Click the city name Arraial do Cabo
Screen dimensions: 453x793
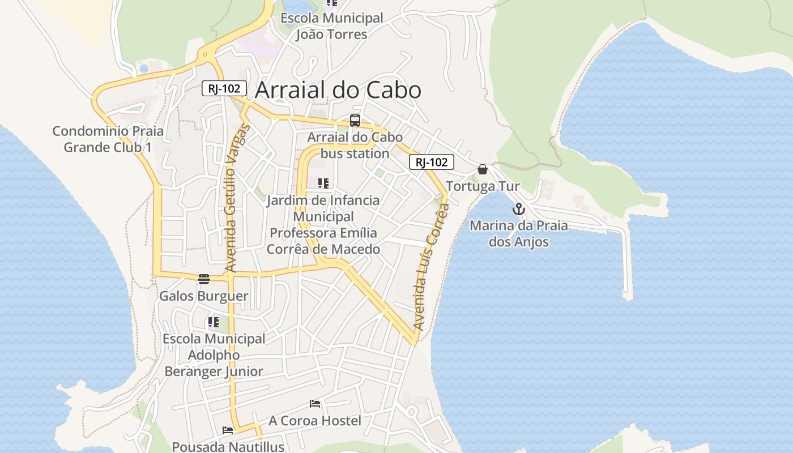[x=338, y=90]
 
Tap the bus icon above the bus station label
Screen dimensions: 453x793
[x=355, y=121]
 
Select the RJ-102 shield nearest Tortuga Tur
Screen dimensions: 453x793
[x=432, y=162]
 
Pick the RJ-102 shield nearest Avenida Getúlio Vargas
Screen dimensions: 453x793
[x=224, y=88]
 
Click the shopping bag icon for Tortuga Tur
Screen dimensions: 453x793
[x=483, y=169]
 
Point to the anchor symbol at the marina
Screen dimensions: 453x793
[x=518, y=210]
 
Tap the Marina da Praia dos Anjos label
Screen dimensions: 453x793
[x=518, y=234]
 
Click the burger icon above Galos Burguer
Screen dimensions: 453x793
[x=204, y=279]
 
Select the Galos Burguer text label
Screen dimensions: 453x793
[x=203, y=296]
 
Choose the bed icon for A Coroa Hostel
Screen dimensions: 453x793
[x=315, y=404]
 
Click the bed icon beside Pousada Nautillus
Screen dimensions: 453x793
[x=228, y=430]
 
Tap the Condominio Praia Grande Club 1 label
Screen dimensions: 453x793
[x=108, y=139]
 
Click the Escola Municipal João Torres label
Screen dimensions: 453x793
[x=332, y=26]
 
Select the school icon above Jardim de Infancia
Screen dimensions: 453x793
[x=323, y=183]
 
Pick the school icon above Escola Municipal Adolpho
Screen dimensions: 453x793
[x=214, y=322]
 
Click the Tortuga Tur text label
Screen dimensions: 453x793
[x=483, y=186]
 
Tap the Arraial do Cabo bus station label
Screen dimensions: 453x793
[x=355, y=145]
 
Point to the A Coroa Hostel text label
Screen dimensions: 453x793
[x=314, y=421]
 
